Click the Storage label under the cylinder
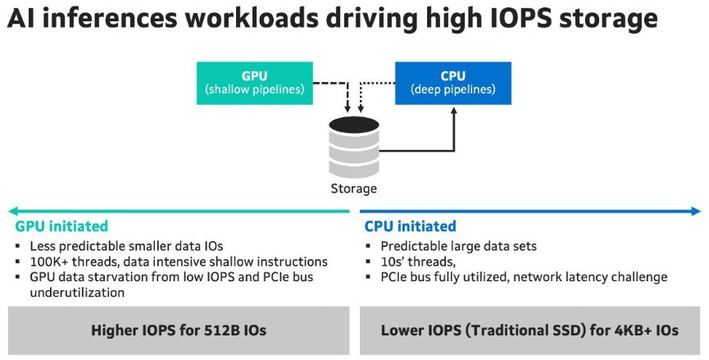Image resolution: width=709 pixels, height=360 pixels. click(353, 189)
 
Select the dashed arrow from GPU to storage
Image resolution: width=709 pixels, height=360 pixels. click(328, 83)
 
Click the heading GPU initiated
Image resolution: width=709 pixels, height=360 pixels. click(61, 226)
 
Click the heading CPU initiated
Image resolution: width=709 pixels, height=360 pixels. click(410, 226)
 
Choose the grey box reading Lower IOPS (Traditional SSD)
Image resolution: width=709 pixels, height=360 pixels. click(529, 330)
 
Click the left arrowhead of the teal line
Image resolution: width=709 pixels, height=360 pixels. click(11, 211)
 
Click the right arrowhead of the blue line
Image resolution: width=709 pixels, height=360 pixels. click(697, 211)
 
